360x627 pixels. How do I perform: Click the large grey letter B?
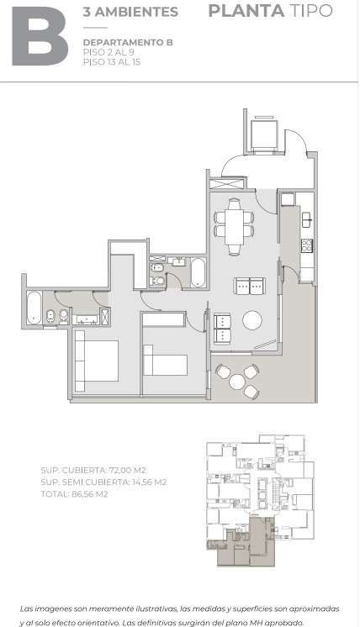(x=40, y=36)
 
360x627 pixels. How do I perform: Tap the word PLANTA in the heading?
(x=246, y=11)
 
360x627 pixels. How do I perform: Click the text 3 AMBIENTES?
(x=130, y=12)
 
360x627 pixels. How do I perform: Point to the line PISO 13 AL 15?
(x=112, y=62)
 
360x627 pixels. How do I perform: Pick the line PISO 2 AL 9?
(x=109, y=52)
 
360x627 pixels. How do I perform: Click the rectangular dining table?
(x=234, y=227)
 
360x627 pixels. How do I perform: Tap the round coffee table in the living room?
(x=252, y=320)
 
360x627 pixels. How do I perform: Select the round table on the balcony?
(x=237, y=382)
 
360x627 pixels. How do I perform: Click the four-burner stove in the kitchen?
(x=307, y=245)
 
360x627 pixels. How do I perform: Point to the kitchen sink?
(x=306, y=219)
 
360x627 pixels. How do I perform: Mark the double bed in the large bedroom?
(x=97, y=361)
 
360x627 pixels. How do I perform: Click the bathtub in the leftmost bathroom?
(x=34, y=308)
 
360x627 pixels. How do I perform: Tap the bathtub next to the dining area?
(x=198, y=272)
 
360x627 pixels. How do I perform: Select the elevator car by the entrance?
(x=264, y=134)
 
